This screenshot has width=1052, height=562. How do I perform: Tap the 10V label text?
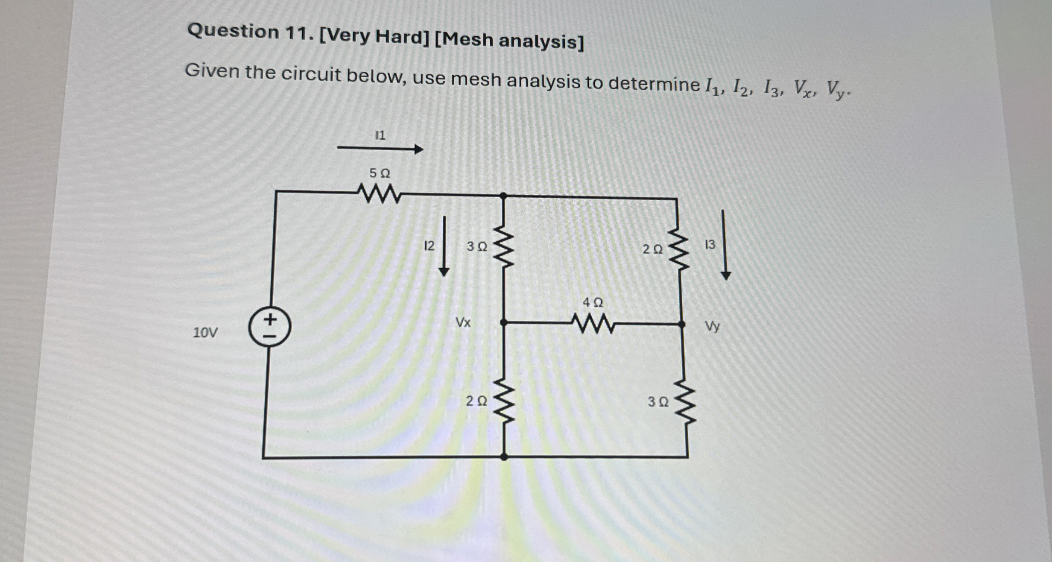(x=205, y=332)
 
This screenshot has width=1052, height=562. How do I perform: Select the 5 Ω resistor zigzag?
(x=379, y=194)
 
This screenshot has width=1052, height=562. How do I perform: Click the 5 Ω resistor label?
(x=380, y=173)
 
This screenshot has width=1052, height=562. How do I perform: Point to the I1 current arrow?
(x=380, y=149)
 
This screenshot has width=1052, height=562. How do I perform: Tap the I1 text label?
(x=380, y=135)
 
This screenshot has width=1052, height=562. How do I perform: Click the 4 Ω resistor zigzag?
(x=593, y=324)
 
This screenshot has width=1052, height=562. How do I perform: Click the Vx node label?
(x=463, y=322)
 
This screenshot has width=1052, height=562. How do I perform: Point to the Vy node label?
(x=712, y=327)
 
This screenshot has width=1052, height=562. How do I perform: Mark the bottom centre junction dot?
(x=504, y=457)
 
